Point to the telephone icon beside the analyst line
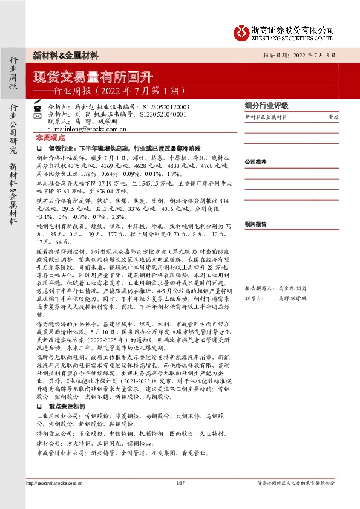coord(37,106)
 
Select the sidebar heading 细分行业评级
coord(267,104)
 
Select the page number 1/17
coord(180,484)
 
